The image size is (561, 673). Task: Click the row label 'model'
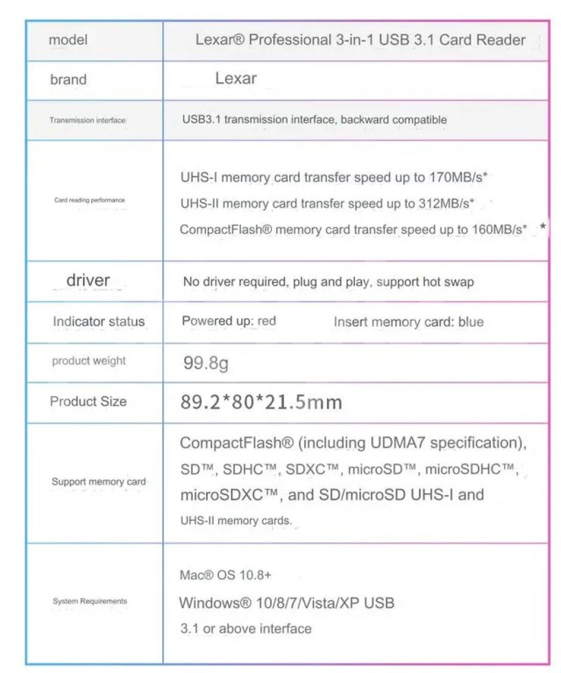tap(68, 40)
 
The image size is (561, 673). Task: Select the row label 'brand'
tap(68, 79)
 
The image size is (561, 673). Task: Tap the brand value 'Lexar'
tap(236, 78)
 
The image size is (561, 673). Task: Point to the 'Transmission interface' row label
tap(87, 120)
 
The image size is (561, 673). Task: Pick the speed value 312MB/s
tap(446, 204)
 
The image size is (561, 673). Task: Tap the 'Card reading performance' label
tap(89, 200)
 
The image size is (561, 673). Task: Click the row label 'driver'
tap(88, 280)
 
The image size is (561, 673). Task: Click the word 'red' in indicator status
tap(266, 321)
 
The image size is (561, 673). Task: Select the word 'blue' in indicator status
tap(471, 322)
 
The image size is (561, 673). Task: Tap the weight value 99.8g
tap(205, 363)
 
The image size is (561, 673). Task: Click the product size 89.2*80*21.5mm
tap(261, 402)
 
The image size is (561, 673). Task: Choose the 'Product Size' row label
tap(88, 401)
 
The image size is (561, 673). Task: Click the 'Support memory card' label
tap(99, 482)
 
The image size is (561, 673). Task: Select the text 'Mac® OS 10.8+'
tap(225, 575)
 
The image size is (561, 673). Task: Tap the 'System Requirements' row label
tap(90, 601)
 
